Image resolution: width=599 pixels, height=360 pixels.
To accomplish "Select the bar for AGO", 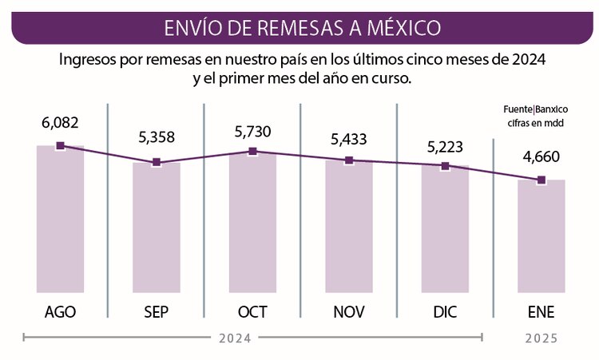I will pos(61,220).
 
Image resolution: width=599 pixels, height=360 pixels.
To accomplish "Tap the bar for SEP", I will pos(157,227).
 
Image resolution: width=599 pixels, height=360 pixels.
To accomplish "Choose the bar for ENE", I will pos(541,236).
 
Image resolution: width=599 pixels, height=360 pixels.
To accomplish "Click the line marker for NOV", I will pos(349,160).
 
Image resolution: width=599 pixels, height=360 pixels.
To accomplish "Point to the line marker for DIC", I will pos(445,166).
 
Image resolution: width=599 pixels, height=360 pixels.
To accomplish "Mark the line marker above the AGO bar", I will pos(61,146).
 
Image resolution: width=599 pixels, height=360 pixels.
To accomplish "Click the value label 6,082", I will pos(61,123).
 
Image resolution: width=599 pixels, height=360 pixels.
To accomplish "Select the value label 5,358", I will pos(157,138).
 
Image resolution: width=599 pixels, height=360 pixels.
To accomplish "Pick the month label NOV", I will pos(349,311).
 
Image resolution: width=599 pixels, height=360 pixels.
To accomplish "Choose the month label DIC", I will pos(445,311).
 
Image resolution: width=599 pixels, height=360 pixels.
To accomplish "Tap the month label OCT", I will pos(252,311).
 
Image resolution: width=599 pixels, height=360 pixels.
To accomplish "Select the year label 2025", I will pos(541,338).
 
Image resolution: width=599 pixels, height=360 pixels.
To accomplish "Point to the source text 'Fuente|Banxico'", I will pos(541,109).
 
